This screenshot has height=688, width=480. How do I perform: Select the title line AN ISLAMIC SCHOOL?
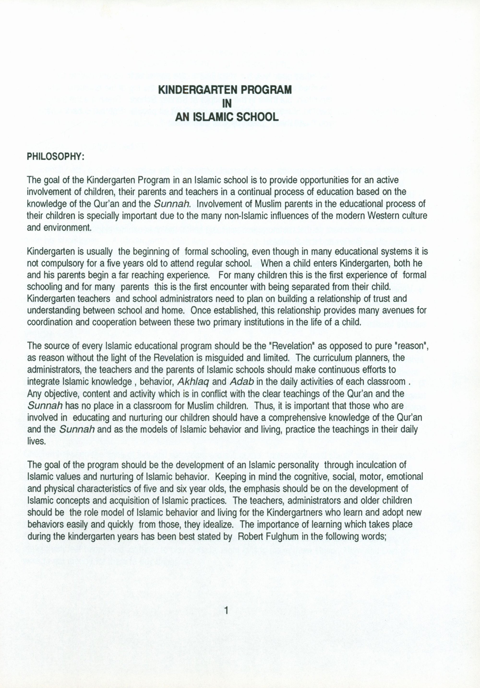(x=227, y=117)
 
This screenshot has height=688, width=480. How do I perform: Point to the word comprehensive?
(x=295, y=417)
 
